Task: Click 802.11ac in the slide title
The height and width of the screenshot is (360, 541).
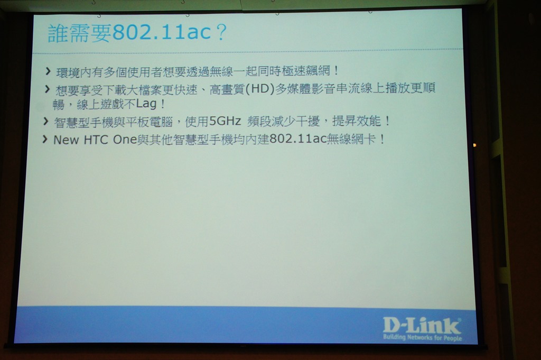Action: [x=162, y=33]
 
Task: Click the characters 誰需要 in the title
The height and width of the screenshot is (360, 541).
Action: [x=80, y=33]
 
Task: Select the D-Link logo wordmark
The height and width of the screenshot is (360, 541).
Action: [x=422, y=326]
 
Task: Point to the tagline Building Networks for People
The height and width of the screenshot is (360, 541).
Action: [x=422, y=337]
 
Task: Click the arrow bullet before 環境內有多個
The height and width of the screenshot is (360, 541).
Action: [x=48, y=71]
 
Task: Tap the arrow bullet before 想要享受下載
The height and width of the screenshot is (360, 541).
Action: [x=47, y=89]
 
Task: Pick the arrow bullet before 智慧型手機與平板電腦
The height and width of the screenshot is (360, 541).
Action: [x=45, y=121]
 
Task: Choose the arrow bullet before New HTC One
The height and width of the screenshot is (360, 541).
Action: [x=45, y=139]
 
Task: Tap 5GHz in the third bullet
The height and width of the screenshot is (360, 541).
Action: [x=225, y=121]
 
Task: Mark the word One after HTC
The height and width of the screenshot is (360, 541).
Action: [x=125, y=140]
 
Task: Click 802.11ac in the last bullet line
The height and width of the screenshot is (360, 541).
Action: [x=298, y=139]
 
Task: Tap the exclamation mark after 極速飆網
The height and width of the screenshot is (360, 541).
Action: [x=336, y=71]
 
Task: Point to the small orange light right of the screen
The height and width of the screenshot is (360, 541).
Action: [x=475, y=145]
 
